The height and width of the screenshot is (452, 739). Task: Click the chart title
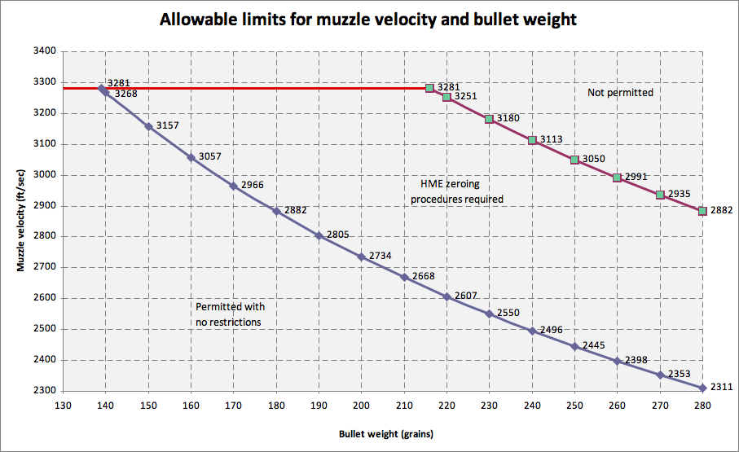click(x=368, y=20)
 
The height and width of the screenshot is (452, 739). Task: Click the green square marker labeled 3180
click(x=489, y=119)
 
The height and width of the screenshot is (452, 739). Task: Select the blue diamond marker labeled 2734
click(x=362, y=257)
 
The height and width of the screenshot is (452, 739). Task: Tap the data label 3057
click(x=209, y=156)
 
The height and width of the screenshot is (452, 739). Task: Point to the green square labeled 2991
click(x=617, y=178)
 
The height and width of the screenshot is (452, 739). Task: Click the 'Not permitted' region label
click(x=620, y=93)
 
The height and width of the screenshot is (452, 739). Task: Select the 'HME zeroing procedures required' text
click(x=457, y=191)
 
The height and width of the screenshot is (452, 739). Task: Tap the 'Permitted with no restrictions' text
click(x=231, y=314)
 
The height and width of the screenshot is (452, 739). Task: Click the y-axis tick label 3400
click(x=44, y=51)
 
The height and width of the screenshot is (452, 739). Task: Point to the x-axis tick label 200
click(x=362, y=406)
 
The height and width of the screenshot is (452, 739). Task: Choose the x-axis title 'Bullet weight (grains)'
click(x=386, y=434)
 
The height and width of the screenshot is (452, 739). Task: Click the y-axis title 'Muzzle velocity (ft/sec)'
click(x=20, y=221)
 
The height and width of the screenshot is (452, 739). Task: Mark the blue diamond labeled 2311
click(x=702, y=388)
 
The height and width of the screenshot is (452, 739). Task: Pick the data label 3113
click(x=551, y=139)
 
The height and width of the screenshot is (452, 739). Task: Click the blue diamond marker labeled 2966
click(x=233, y=187)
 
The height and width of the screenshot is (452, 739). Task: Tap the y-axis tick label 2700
click(x=44, y=267)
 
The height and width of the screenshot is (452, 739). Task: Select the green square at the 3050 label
click(x=574, y=160)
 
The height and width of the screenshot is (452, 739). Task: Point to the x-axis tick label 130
click(x=63, y=406)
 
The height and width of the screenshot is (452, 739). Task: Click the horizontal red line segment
click(x=247, y=88)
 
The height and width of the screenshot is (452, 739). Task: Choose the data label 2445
click(x=593, y=345)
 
